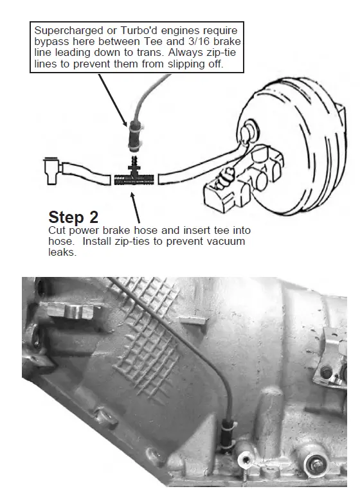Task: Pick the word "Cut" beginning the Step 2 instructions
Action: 57,230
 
